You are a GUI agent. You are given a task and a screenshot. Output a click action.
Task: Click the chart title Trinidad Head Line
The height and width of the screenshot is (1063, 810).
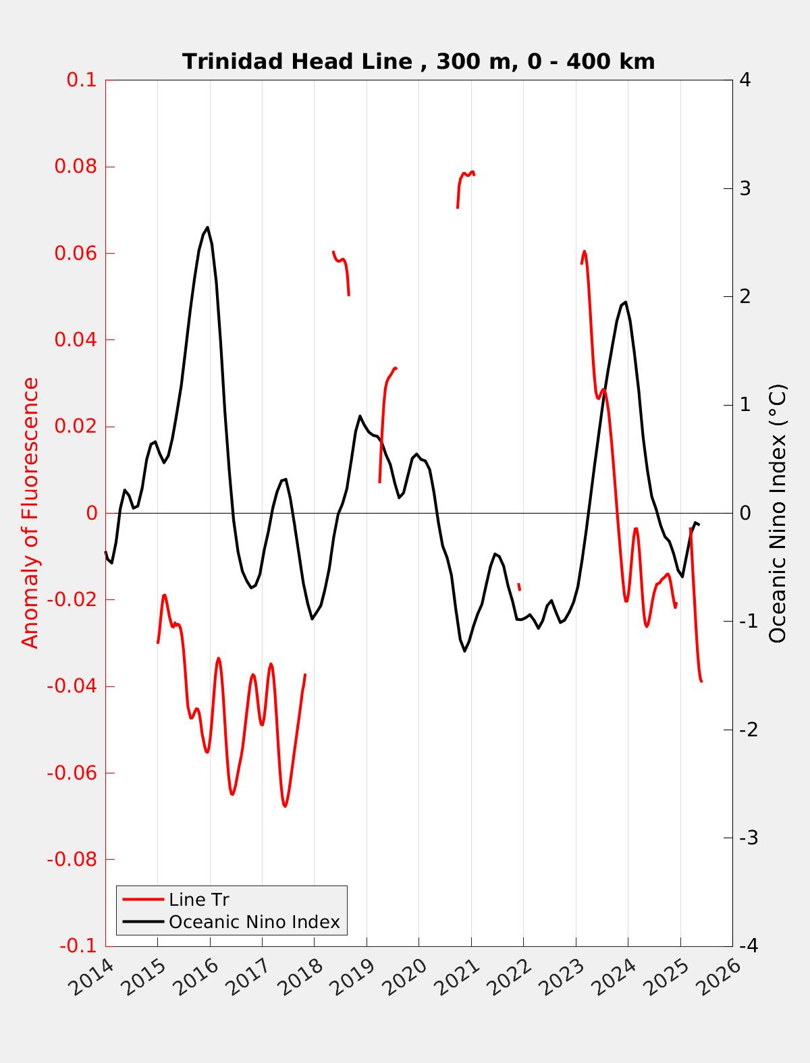click(x=418, y=62)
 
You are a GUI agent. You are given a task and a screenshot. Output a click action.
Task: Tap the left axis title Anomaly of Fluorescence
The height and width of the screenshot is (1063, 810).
click(x=31, y=513)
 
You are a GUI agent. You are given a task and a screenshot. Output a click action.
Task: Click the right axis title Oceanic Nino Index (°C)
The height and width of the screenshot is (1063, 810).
click(x=778, y=513)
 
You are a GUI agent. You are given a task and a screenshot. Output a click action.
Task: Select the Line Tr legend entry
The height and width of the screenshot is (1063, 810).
click(x=199, y=900)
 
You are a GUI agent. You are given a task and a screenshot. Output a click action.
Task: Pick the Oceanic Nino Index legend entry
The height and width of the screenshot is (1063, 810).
click(x=254, y=922)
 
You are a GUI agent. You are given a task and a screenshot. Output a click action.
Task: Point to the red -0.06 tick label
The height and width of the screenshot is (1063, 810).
click(x=72, y=773)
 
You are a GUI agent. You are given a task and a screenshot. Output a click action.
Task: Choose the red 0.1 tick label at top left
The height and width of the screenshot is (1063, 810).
click(x=81, y=80)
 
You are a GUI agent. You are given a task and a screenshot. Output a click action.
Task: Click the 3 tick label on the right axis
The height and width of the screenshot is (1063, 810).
click(x=745, y=188)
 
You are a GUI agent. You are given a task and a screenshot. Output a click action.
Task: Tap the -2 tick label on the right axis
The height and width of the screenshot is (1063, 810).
click(x=748, y=730)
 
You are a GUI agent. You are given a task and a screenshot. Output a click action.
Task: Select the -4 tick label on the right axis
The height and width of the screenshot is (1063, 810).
click(x=748, y=946)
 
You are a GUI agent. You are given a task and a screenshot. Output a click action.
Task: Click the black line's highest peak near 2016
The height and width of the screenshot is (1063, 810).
click(x=207, y=227)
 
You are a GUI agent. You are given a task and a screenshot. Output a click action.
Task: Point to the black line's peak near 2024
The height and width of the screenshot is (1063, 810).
click(x=626, y=302)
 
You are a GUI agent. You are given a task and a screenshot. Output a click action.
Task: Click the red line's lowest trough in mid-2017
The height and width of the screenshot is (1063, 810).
click(x=285, y=806)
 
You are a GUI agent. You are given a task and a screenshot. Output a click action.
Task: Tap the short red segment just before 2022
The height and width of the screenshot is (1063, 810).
click(x=519, y=587)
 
